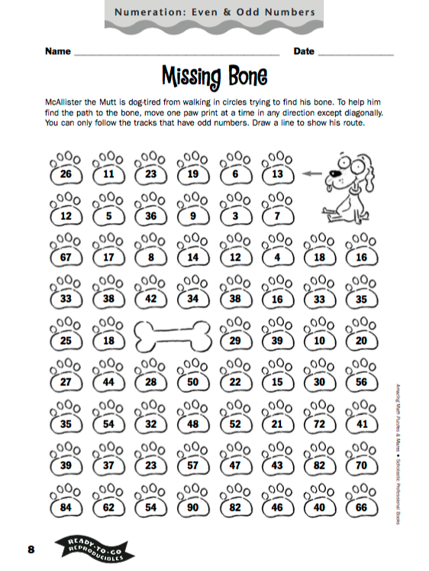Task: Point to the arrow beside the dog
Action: click(309, 174)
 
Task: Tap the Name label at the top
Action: click(58, 51)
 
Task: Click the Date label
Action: click(304, 51)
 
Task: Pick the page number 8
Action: click(31, 550)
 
